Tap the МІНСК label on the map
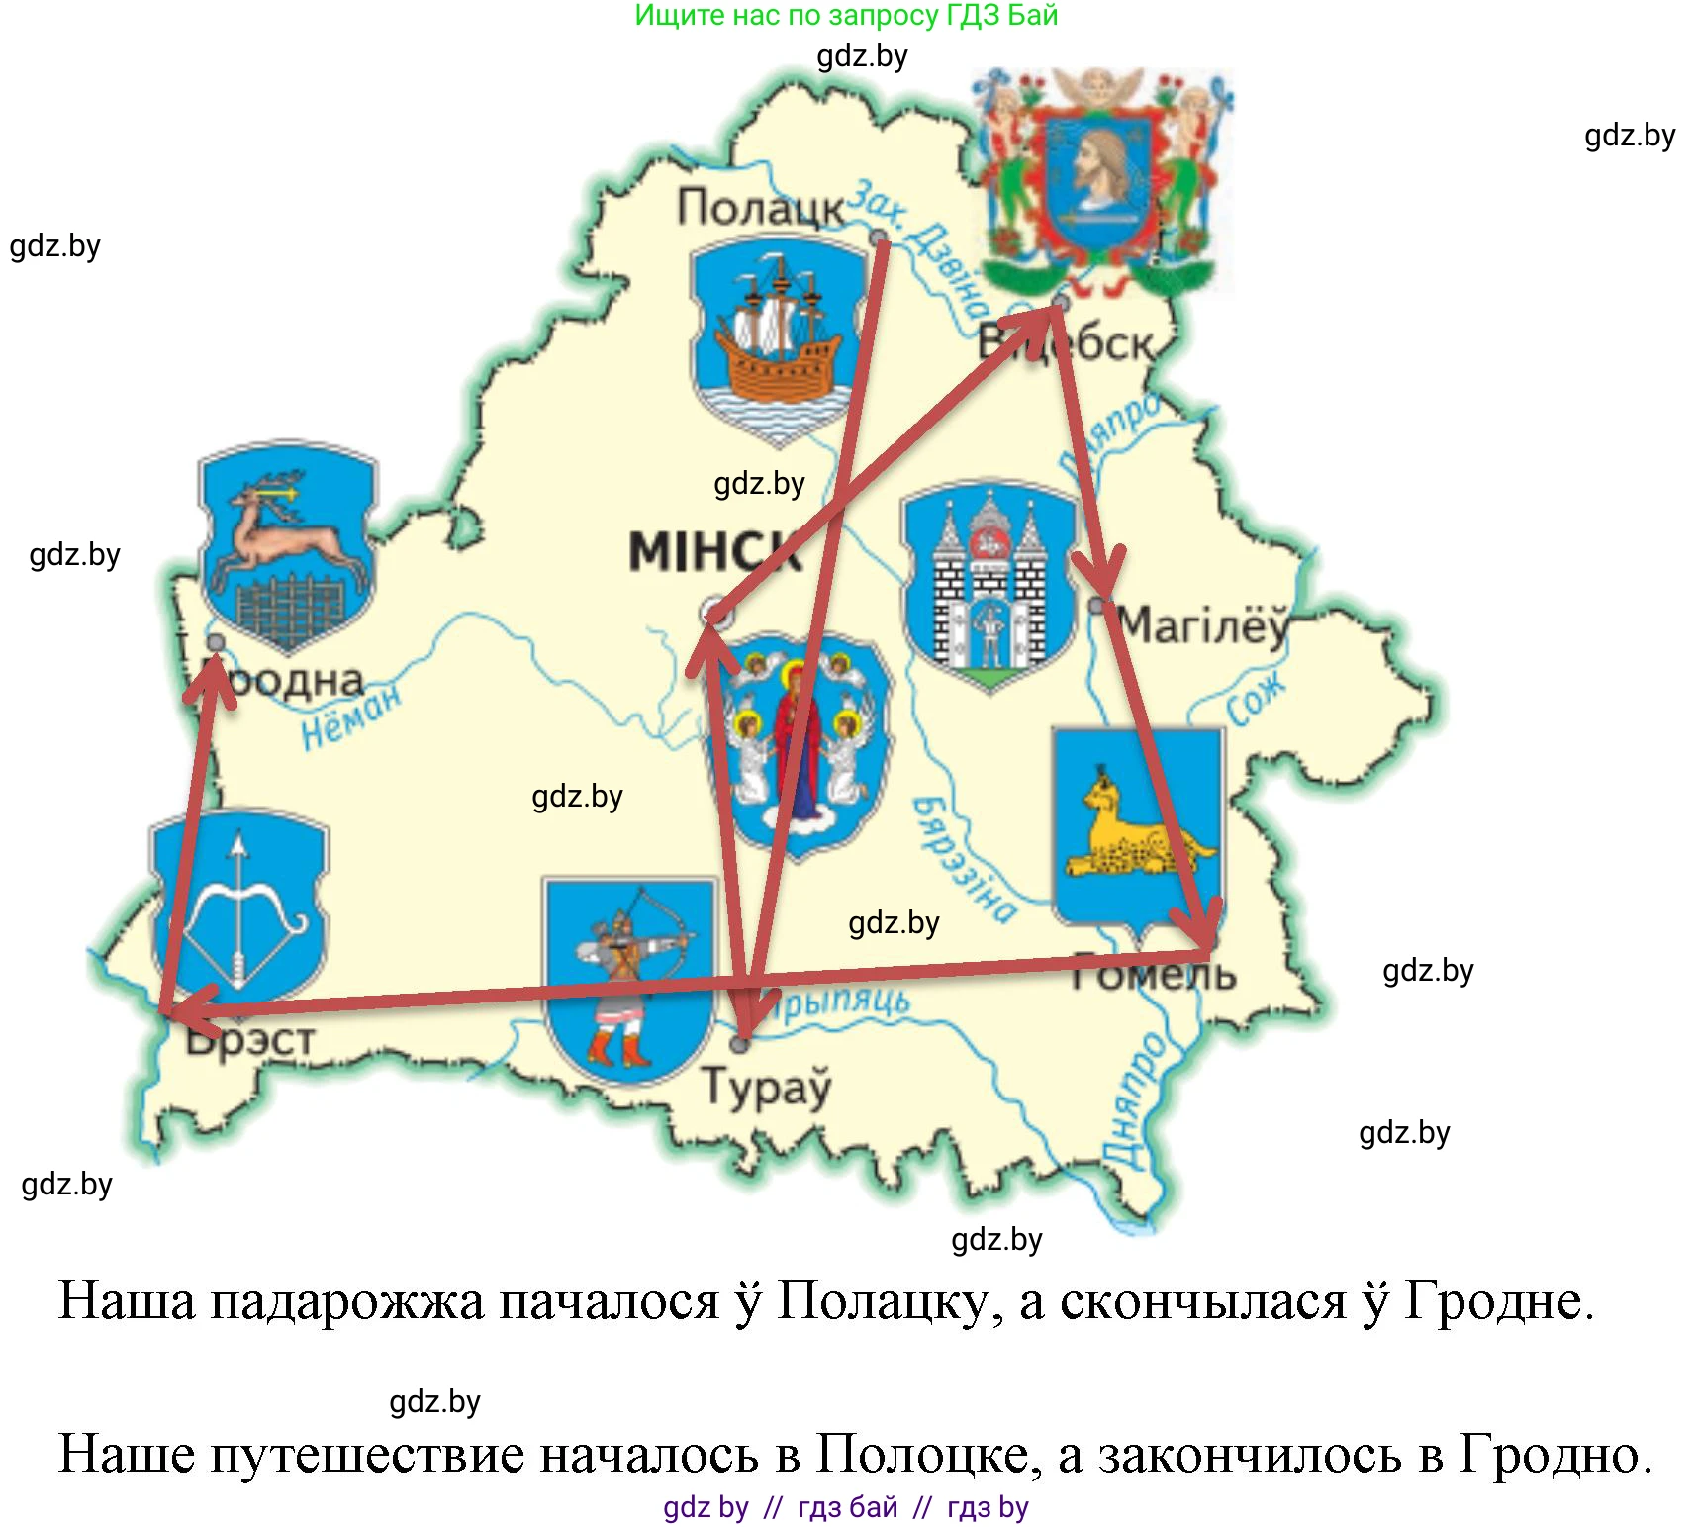pyautogui.click(x=714, y=551)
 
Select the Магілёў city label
pyautogui.click(x=1203, y=625)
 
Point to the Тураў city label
pyautogui.click(x=767, y=1087)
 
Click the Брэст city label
pyautogui.click(x=251, y=1040)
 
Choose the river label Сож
pyautogui.click(x=1256, y=699)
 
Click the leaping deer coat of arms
pyautogui.click(x=287, y=545)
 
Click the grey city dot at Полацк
pyautogui.click(x=878, y=238)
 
